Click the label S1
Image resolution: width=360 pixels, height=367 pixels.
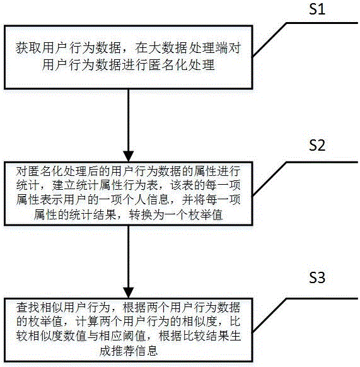tap(317, 9)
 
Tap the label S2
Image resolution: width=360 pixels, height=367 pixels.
tap(317, 145)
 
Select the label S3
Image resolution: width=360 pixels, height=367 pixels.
tap(317, 277)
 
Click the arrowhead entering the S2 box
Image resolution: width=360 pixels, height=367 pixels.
tap(128, 156)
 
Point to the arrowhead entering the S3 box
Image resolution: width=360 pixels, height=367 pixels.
tap(128, 293)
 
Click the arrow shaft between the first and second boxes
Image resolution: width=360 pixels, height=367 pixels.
tap(128, 120)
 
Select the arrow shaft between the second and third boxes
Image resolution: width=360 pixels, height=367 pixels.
tap(128, 257)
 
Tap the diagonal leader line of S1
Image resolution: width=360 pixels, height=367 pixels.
tap(269, 40)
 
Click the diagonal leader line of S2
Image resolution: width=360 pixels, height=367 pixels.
tap(269, 178)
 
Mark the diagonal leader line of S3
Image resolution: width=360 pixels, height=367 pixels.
tap(269, 316)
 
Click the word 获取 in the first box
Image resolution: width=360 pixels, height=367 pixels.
tap(28, 48)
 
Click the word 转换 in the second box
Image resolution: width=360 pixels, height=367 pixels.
tap(141, 215)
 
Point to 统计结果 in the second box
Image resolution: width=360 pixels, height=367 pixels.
tap(93, 215)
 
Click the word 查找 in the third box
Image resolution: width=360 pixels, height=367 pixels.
tap(28, 308)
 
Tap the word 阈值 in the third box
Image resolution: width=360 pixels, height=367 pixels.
tap(134, 337)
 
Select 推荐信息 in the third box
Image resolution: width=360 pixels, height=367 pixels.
tap(128, 351)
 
